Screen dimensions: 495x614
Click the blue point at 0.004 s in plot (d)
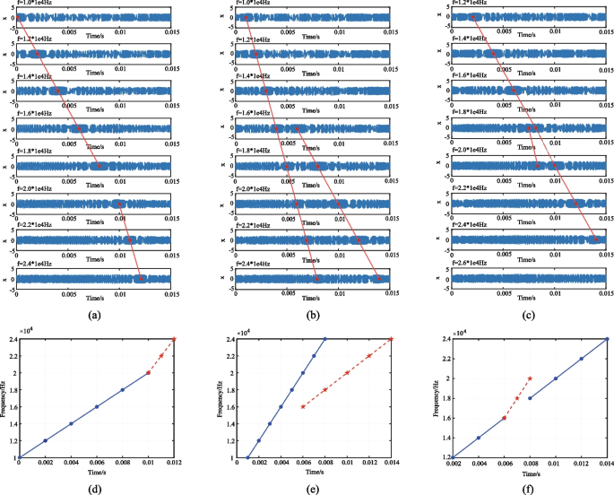pos(71,424)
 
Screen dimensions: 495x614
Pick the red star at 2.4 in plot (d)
pos(174,339)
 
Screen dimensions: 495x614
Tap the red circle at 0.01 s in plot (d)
pos(148,373)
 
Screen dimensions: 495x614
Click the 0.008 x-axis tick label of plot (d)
pos(123,465)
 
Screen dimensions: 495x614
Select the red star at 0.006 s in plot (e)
pos(303,406)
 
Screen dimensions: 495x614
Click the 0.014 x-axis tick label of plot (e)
pos(392,465)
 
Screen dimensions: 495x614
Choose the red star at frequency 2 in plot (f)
pos(530,378)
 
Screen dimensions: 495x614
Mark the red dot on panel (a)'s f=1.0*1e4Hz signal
pos(19,18)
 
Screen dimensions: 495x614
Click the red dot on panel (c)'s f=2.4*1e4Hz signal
pos(595,239)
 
